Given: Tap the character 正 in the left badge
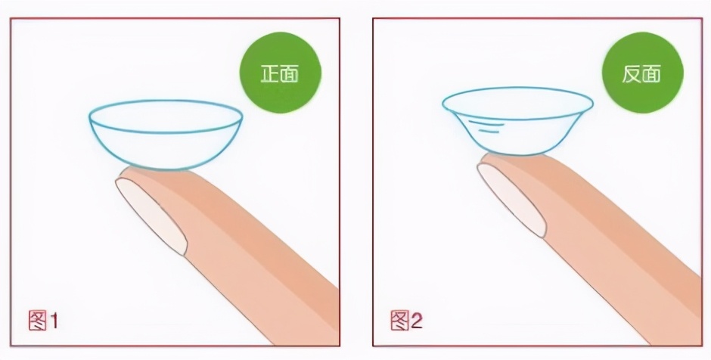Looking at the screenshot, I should click(269, 73).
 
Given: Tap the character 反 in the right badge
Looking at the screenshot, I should click(631, 73).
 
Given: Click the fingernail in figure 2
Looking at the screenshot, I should click(512, 200).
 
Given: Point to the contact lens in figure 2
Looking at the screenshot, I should click(518, 121).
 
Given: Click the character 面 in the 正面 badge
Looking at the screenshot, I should click(290, 73).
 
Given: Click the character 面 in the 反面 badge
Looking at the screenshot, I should click(652, 73).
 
